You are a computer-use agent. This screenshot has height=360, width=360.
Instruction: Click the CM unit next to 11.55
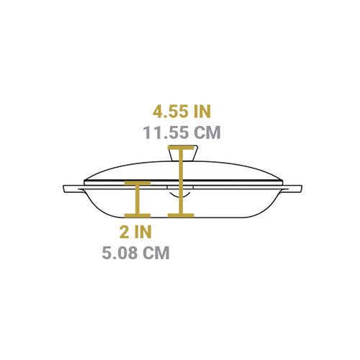click(x=207, y=132)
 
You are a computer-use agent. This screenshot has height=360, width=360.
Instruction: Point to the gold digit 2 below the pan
click(x=125, y=232)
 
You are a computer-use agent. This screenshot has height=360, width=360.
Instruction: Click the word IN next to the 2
click(x=143, y=232)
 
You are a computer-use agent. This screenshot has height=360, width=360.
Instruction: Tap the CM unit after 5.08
click(x=156, y=253)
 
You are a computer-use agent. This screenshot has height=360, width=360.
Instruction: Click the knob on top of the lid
click(x=183, y=153)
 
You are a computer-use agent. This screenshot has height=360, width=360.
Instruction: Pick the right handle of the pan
click(x=292, y=189)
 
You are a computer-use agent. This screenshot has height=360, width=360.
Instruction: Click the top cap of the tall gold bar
click(x=181, y=148)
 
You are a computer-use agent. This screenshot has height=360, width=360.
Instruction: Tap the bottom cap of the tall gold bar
click(x=181, y=215)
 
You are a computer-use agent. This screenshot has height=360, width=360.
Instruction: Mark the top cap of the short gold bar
click(x=138, y=183)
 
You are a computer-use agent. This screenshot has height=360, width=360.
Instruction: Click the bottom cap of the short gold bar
click(x=138, y=215)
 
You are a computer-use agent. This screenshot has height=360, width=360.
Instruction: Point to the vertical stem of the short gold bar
click(x=138, y=199)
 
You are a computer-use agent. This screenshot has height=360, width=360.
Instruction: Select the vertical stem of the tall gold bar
click(x=181, y=181)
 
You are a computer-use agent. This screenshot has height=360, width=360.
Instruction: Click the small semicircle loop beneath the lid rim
click(x=180, y=196)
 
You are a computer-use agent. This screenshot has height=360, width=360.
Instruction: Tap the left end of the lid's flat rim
click(x=84, y=182)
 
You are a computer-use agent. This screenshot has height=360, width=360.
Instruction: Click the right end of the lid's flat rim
click(x=282, y=182)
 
